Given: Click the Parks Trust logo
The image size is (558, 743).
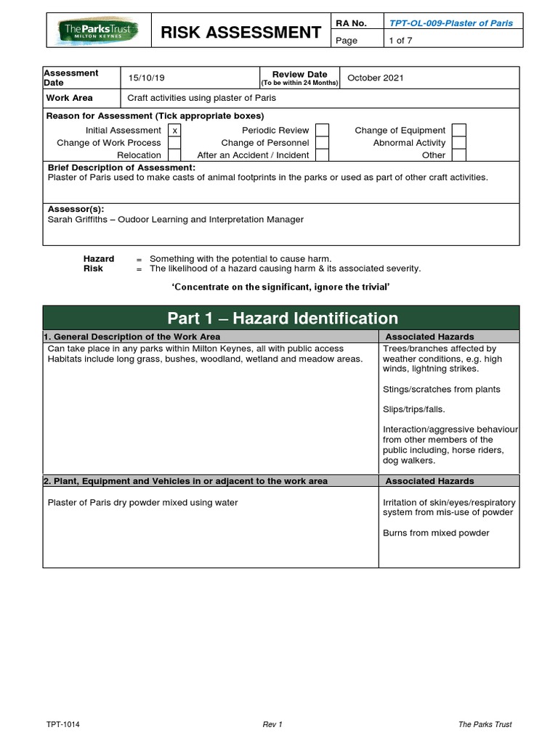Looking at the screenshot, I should pyautogui.click(x=99, y=31).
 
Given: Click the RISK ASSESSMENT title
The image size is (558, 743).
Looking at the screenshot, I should pyautogui.click(x=240, y=32).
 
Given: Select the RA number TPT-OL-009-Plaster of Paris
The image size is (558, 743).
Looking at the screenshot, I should pyautogui.click(x=450, y=23).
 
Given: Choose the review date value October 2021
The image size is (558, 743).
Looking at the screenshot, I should pyautogui.click(x=376, y=78).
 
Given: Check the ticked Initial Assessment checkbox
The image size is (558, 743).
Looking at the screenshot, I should pyautogui.click(x=174, y=131).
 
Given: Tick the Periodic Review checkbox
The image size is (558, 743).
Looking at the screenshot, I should pyautogui.click(x=322, y=131).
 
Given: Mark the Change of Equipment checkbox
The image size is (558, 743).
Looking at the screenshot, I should pyautogui.click(x=458, y=131).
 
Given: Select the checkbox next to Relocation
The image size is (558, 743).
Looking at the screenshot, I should pyautogui.click(x=174, y=155).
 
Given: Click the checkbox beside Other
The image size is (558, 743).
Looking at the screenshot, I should pyautogui.click(x=458, y=155).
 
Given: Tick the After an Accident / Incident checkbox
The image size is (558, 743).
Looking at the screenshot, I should pyautogui.click(x=322, y=155).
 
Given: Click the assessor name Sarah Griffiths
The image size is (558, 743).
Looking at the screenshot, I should pyautogui.click(x=79, y=219).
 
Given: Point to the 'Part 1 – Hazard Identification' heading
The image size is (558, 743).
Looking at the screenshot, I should pyautogui.click(x=283, y=318).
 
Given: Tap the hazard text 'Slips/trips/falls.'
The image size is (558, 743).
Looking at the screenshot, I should pyautogui.click(x=413, y=410).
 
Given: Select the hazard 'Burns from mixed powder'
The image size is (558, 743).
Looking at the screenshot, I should pyautogui.click(x=436, y=533).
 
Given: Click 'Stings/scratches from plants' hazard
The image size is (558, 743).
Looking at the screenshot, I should pyautogui.click(x=441, y=390).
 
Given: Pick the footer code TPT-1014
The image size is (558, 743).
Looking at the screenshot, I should pyautogui.click(x=63, y=724).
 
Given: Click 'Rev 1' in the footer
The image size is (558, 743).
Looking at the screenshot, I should pyautogui.click(x=272, y=724).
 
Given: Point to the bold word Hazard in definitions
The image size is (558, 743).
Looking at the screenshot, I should pyautogui.click(x=99, y=259).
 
